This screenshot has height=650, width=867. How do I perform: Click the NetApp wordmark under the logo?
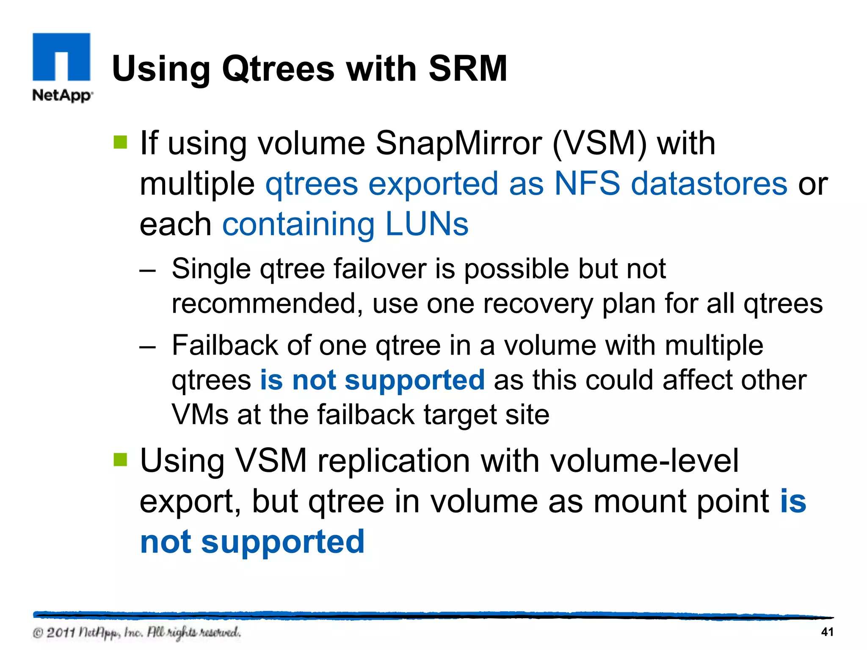[x=62, y=95]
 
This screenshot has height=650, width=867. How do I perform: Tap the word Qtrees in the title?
[x=278, y=69]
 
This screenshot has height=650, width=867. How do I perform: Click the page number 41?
[x=827, y=632]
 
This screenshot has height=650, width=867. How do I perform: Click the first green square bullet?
[x=121, y=143]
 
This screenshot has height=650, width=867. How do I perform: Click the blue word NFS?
[x=587, y=184]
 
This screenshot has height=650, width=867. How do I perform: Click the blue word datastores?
[x=709, y=184]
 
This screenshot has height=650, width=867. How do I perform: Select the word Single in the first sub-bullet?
[x=211, y=269]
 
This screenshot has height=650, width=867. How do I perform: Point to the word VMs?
[x=199, y=414]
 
